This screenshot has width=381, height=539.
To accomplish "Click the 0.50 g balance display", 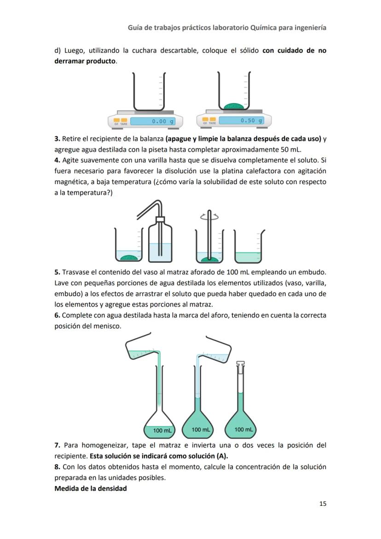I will point(241,121).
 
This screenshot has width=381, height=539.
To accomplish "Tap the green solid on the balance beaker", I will point(234,106).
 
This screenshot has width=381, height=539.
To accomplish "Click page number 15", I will point(323,504).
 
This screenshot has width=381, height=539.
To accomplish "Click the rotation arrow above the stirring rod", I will point(209,217).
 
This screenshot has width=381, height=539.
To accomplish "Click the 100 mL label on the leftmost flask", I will point(162,431).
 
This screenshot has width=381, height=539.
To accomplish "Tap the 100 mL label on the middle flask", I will point(201,429).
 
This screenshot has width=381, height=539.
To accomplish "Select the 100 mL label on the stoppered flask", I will point(243,429).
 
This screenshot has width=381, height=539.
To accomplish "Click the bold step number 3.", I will point(57,139).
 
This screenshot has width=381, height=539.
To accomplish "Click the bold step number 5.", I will point(57,272).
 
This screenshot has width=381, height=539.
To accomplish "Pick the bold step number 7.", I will point(57,445).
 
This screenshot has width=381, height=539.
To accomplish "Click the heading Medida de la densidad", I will point(90,488).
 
